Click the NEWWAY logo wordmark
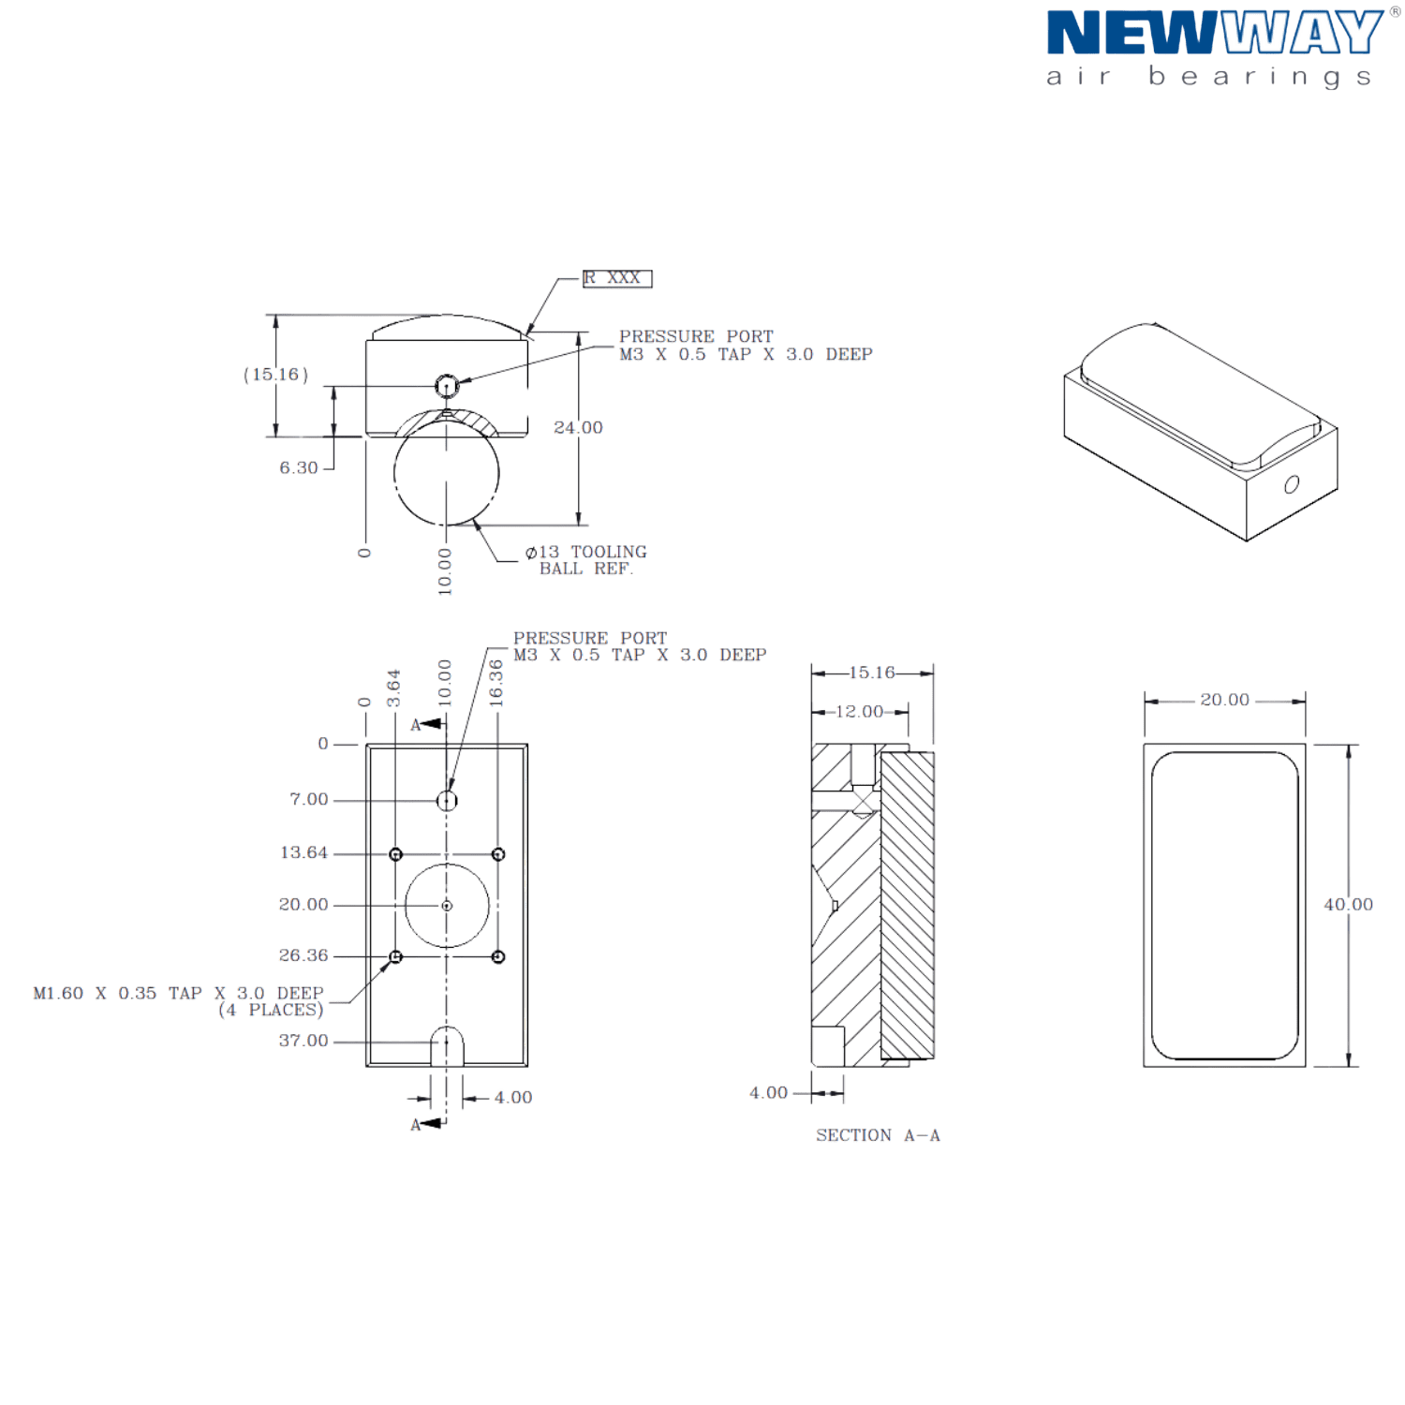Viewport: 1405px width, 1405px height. (1212, 34)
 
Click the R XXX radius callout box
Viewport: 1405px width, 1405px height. (616, 279)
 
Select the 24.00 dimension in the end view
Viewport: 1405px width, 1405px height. (578, 428)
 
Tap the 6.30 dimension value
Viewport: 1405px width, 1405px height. (299, 468)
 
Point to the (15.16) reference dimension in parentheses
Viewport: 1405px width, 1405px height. (276, 375)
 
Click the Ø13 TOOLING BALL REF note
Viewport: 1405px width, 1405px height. (586, 560)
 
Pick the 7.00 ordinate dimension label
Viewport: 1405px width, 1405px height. (308, 800)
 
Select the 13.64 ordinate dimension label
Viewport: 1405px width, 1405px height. (303, 853)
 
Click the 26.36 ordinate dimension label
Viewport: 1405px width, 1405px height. (303, 955)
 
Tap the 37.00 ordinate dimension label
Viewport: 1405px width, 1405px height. (303, 1041)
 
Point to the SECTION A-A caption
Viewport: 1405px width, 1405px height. (878, 1136)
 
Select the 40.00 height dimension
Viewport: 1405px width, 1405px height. (1348, 905)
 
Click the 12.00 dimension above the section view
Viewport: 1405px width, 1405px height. (859, 712)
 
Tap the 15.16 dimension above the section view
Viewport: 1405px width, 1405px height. (871, 673)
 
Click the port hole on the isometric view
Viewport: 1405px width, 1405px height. (1292, 485)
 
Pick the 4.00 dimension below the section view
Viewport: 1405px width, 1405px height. (769, 1093)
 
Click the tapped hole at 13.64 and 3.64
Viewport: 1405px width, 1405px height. (395, 854)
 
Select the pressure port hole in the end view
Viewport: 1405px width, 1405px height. (448, 384)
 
